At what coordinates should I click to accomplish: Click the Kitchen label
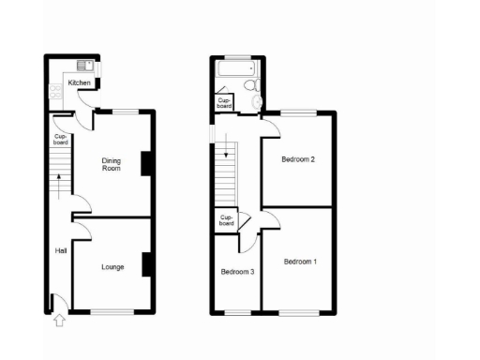[79, 83]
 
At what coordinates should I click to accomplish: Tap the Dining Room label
[112, 164]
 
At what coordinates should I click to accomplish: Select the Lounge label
[112, 267]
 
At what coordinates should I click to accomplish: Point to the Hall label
[60, 250]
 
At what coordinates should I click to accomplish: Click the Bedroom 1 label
[300, 261]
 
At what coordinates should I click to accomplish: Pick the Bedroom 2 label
[298, 159]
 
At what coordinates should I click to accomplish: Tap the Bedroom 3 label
[236, 272]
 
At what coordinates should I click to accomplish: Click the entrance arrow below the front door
[61, 322]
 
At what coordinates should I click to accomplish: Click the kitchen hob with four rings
[55, 91]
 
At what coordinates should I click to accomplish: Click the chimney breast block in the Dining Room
[145, 163]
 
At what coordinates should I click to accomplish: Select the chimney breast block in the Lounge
[146, 265]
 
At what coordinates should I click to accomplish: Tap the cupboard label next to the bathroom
[224, 103]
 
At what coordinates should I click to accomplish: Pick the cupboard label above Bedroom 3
[226, 221]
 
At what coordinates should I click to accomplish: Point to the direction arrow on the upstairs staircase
[226, 150]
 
